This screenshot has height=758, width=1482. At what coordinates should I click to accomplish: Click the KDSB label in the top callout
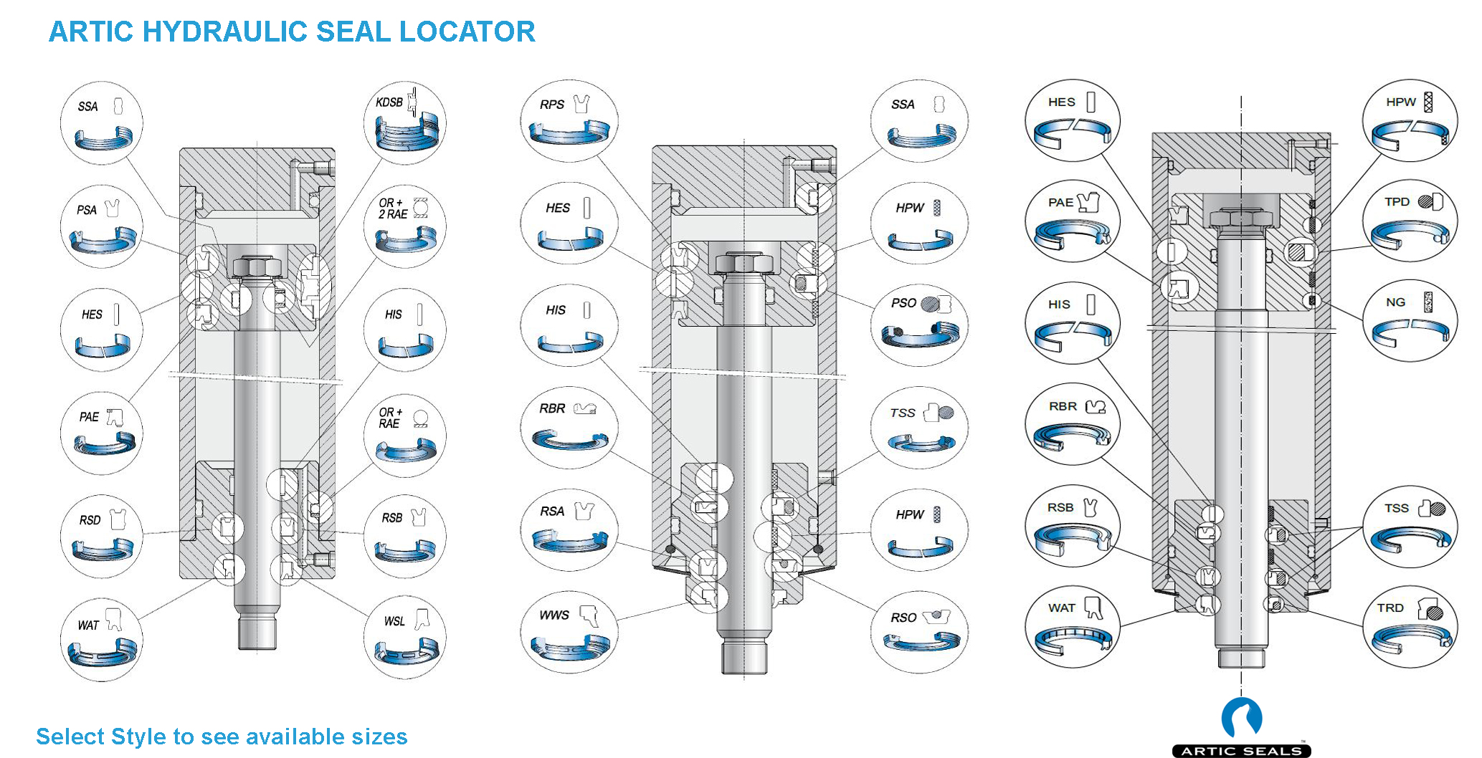389,102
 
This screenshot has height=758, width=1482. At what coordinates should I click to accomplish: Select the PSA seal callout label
87,210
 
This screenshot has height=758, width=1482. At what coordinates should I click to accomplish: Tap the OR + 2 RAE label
392,208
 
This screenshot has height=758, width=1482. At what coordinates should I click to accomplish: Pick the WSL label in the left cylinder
394,621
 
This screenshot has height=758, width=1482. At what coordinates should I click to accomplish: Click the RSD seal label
90,520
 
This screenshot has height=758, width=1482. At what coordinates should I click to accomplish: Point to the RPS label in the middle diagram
552,105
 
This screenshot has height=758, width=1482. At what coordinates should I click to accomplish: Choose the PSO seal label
903,303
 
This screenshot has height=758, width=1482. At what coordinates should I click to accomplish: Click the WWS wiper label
554,615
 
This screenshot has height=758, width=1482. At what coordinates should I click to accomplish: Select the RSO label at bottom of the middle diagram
903,618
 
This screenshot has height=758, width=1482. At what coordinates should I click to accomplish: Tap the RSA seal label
552,512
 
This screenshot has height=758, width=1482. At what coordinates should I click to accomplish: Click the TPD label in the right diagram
1397,202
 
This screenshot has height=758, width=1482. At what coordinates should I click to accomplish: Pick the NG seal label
1395,302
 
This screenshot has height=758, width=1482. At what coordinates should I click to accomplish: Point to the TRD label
1390,608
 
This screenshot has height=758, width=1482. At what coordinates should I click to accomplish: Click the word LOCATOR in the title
467,32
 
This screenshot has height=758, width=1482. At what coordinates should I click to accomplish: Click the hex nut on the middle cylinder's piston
744,264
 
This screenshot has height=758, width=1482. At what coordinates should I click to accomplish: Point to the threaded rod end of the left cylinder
257,633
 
